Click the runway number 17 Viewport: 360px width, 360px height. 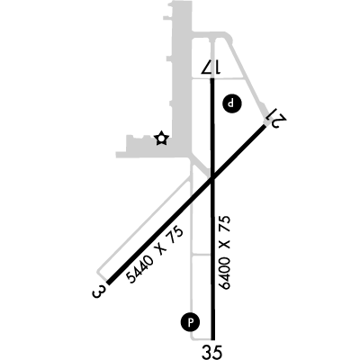click(211, 67)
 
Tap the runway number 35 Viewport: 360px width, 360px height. click(212, 352)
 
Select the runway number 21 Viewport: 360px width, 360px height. click(277, 118)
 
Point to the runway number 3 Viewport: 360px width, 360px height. click(99, 292)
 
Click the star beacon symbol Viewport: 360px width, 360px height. click(161, 139)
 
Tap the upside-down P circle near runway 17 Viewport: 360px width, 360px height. click(231, 103)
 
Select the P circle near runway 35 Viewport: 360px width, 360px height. click(190, 323)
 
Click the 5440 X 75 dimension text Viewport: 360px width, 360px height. click(154, 256)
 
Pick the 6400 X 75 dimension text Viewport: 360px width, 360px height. click(225, 252)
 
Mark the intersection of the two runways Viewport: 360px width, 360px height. click(212, 179)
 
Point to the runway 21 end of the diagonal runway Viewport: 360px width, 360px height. click(265, 126)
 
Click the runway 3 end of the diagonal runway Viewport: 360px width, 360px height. click(109, 283)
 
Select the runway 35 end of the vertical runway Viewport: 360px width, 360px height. click(212, 339)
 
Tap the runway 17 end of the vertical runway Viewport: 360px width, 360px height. click(212, 78)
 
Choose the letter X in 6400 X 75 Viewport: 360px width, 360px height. click(225, 245)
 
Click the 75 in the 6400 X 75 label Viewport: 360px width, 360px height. click(225, 224)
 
